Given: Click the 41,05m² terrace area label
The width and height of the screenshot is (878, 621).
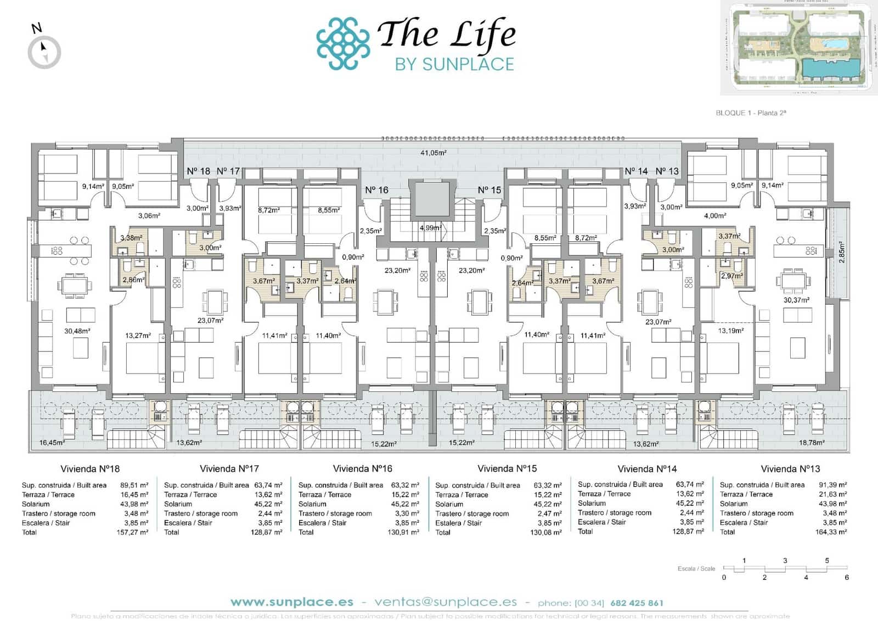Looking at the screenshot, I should click(433, 153).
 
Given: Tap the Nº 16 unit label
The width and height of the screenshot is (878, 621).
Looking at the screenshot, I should click(376, 190).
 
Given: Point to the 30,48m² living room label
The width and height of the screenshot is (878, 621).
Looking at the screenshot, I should click(77, 331).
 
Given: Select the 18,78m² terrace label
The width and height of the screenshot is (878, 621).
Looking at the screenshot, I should click(812, 443).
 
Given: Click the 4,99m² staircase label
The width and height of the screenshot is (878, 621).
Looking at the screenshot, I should click(430, 227).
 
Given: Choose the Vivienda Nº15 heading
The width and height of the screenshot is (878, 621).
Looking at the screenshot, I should click(507, 469).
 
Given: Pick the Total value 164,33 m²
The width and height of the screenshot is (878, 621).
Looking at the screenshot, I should click(831, 532).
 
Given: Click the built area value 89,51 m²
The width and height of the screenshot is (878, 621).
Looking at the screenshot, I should click(134, 485).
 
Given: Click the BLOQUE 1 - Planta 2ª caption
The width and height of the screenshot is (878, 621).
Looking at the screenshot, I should click(751, 113).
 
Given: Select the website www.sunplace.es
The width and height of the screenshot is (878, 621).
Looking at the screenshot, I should click(291, 602).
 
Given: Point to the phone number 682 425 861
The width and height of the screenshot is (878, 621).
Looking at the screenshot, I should click(637, 603).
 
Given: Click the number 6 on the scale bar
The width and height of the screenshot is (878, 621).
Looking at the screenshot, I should click(847, 577).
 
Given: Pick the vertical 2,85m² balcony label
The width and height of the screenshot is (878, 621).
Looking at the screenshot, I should click(842, 252).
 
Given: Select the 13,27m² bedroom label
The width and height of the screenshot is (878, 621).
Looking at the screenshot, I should click(138, 335).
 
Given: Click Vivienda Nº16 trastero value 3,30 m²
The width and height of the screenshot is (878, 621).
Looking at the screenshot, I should click(407, 514).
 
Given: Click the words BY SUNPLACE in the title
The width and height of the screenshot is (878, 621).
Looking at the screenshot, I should click(454, 64).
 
